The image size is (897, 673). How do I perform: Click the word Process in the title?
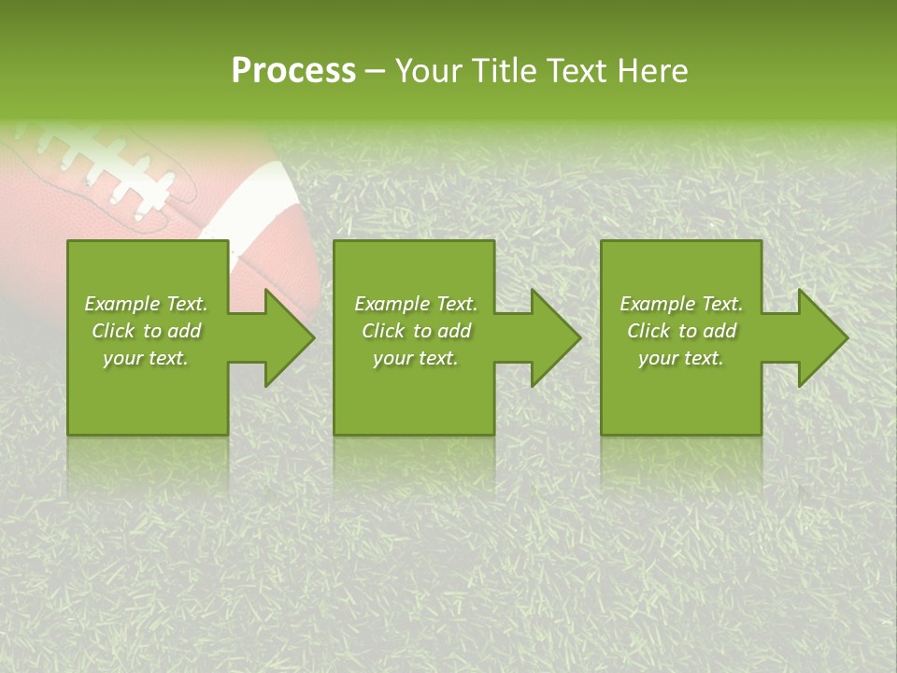point(293,71)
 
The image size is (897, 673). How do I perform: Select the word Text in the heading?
point(576,71)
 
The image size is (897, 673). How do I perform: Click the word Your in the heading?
point(429,71)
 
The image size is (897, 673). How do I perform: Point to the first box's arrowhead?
point(290,337)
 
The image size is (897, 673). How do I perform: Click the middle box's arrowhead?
point(556,337)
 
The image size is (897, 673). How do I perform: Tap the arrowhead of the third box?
point(823,337)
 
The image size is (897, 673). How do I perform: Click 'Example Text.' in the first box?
point(146,304)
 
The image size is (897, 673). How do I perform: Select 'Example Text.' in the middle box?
point(416,304)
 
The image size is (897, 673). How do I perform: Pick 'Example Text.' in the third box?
point(681,304)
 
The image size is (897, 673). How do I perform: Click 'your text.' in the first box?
point(146,358)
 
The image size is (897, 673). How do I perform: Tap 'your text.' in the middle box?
point(416,358)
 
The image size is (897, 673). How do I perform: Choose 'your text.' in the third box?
point(681,358)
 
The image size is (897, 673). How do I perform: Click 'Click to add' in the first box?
point(146,331)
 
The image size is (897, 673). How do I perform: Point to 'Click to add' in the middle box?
point(416,331)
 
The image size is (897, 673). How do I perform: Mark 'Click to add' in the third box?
point(681,331)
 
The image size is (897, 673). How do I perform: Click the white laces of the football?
point(112,168)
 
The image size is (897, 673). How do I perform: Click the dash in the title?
point(376,72)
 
